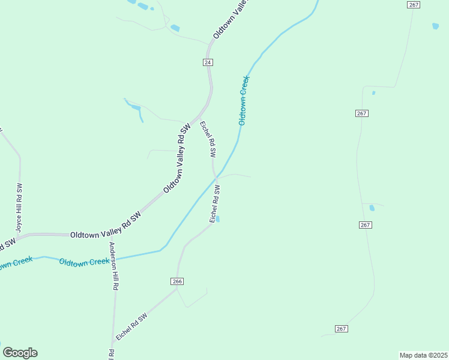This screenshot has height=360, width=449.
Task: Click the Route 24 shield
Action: point(208,62)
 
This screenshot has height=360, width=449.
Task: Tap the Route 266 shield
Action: point(176,281)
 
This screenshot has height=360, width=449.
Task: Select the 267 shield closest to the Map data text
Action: point(342,329)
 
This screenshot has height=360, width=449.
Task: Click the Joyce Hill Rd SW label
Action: point(19,207)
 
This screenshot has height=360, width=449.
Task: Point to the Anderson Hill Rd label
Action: point(112,266)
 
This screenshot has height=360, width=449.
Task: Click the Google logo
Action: point(20,353)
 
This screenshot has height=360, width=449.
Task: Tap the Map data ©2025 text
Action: point(423,355)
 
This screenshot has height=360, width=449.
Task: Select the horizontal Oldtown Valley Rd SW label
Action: point(105,235)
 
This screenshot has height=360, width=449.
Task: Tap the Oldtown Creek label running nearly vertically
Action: point(244,100)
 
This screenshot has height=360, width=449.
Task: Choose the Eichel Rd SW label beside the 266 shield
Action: point(131,328)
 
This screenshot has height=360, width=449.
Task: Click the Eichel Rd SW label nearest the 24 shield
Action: point(208,139)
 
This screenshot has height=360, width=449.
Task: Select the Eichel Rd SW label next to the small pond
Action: point(214,205)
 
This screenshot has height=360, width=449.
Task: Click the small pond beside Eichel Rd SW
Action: point(218,219)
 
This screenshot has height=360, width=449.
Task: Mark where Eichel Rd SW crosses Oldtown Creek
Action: point(215,178)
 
